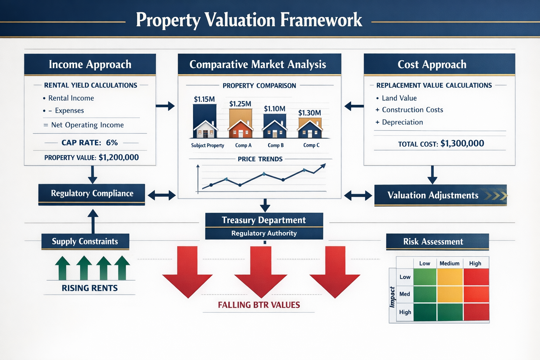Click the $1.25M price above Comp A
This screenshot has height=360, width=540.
pos(240,104)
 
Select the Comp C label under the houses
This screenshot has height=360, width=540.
pos(311,145)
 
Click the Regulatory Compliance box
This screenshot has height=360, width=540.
pos(92,193)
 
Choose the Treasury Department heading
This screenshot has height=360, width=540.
pos(264,220)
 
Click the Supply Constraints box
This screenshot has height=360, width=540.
pos(85,242)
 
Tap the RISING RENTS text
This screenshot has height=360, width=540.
pos(90,288)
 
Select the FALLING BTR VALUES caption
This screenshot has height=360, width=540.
pos(259,305)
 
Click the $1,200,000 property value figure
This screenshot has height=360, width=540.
pos(119,157)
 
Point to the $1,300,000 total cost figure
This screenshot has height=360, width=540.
pos(462,143)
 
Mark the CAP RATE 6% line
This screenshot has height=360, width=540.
pos(90,142)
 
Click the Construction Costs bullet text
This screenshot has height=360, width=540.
pos(412,110)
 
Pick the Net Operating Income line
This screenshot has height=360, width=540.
pos(87,125)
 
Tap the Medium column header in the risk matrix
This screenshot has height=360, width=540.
pos(449,263)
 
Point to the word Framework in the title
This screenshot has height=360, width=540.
pos(321,20)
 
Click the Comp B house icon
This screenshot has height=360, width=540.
pos(275,129)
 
